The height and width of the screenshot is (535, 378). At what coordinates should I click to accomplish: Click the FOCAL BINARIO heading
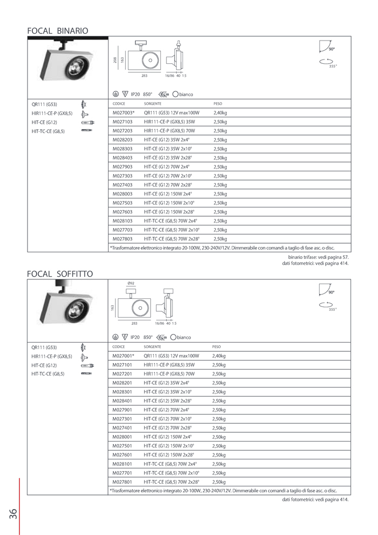tap(57, 31)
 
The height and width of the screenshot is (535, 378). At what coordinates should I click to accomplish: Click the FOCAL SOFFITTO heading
tap(60, 274)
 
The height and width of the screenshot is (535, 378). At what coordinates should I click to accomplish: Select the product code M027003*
tap(124, 113)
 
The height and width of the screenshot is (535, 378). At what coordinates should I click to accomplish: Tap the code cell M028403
tap(123, 158)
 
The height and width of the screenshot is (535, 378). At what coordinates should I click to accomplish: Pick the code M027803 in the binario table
tap(123, 238)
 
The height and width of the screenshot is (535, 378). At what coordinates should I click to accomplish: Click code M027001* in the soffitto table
tap(124, 356)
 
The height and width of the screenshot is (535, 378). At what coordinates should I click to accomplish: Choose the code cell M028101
tap(123, 463)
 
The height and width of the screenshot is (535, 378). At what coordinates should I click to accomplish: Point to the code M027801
tap(123, 482)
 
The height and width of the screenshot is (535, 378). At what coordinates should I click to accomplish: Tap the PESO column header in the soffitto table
tap(217, 346)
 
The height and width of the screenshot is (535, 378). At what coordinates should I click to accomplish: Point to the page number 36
tap(13, 513)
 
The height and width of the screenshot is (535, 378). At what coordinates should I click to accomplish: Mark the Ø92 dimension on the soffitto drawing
tap(131, 283)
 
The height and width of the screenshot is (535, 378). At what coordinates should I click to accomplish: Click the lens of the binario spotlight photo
tap(73, 67)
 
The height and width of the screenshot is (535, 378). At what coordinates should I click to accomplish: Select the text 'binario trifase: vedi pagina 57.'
tap(319, 257)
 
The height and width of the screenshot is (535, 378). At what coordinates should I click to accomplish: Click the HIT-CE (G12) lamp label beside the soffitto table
tap(44, 365)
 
